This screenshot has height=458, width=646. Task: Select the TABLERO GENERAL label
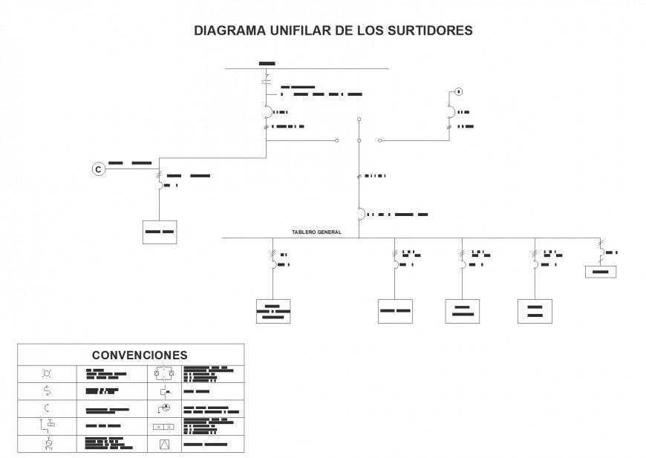pos(316,233)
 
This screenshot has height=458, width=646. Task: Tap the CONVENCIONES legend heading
pos(140,356)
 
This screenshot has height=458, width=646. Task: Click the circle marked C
pos(98,170)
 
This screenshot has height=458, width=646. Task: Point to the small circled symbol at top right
pos(459,92)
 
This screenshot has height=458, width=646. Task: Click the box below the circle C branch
pos(160,232)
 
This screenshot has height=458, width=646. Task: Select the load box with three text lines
pos(273,311)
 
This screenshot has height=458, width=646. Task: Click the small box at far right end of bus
pos(601,272)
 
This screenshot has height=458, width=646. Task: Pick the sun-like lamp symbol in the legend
pos(47,373)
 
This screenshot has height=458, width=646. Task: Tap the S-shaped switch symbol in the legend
pos(47,390)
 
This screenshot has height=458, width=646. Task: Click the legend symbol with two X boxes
pos(163,427)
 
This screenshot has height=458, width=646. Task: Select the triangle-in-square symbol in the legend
pos(163,444)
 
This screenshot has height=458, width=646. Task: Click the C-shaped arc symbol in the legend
pos(47,408)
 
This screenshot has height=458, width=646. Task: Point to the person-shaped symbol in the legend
pos(47,444)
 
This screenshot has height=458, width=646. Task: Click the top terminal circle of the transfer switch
pos(359,119)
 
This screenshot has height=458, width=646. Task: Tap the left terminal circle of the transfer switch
pos(336,140)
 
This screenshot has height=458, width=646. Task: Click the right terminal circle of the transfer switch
pos(380,140)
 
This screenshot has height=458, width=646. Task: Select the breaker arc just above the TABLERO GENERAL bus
pos(360,214)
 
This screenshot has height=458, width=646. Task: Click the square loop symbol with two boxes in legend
pos(163,373)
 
